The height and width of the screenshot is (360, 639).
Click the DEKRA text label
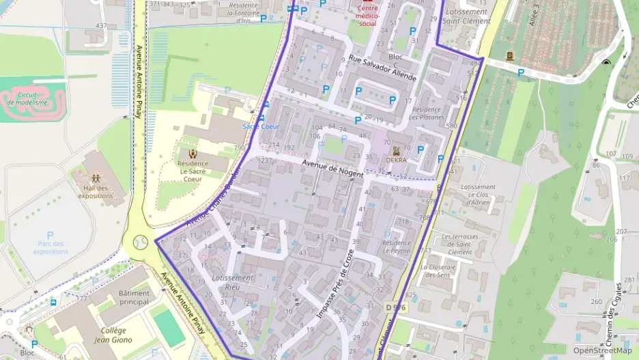(396, 160)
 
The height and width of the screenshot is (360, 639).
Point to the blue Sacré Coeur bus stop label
(261, 126)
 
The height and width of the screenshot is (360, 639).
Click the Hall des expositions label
(94, 192)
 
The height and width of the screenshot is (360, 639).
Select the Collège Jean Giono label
(114, 335)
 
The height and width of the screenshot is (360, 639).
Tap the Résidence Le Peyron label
(397, 247)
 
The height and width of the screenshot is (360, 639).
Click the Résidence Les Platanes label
(426, 113)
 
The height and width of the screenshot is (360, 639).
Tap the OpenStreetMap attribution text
(602, 350)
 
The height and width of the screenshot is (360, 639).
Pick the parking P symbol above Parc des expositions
(50, 235)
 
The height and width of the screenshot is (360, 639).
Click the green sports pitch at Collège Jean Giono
(168, 327)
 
